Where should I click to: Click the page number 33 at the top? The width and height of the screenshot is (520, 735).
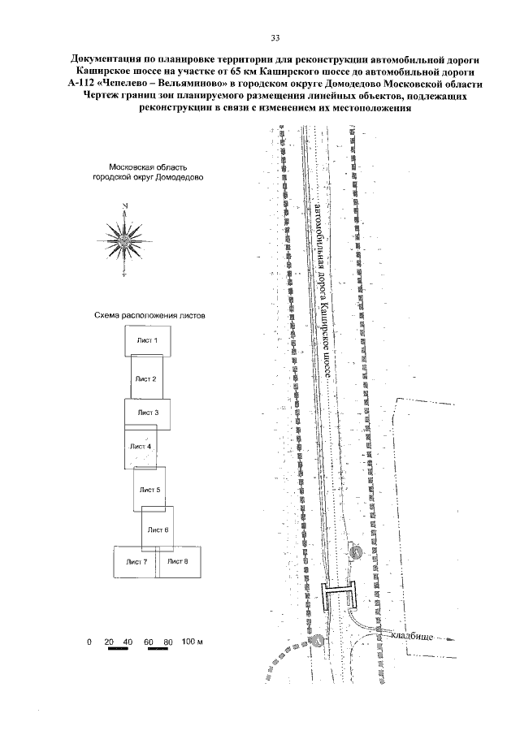pyautogui.click(x=275, y=38)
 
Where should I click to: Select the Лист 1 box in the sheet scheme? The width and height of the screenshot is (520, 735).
pyautogui.click(x=147, y=341)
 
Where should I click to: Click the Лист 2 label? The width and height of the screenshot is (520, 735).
pyautogui.click(x=145, y=378)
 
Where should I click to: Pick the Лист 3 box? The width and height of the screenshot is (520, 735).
pyautogui.click(x=147, y=413)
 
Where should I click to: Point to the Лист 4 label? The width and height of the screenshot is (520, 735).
pyautogui.click(x=140, y=447)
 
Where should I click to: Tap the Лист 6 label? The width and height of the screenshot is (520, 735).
pyautogui.click(x=158, y=529)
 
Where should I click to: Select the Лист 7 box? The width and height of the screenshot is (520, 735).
pyautogui.click(x=136, y=562)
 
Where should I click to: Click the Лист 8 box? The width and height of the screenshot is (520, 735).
pyautogui.click(x=180, y=562)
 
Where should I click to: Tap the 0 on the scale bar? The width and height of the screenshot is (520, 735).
pyautogui.click(x=89, y=642)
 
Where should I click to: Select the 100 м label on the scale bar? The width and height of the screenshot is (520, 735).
pyautogui.click(x=192, y=642)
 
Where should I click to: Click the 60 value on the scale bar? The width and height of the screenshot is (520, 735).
pyautogui.click(x=149, y=642)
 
